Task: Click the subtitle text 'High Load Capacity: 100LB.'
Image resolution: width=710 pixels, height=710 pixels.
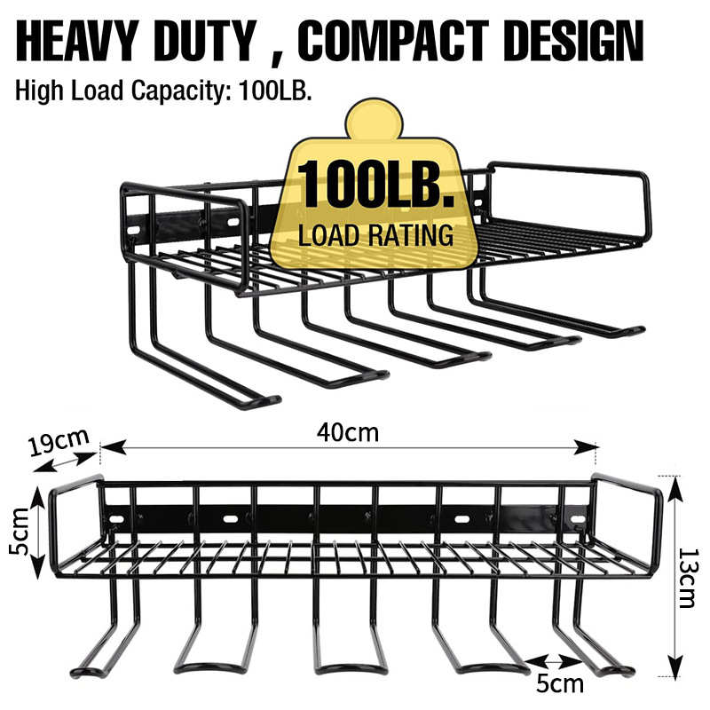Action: point(163,91)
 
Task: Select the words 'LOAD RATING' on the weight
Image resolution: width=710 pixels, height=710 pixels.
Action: point(375,236)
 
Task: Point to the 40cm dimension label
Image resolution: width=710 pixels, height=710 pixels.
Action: point(348,432)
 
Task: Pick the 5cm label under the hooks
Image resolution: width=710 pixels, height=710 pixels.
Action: point(562,683)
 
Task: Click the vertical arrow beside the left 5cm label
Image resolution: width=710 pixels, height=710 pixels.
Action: point(36,532)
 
